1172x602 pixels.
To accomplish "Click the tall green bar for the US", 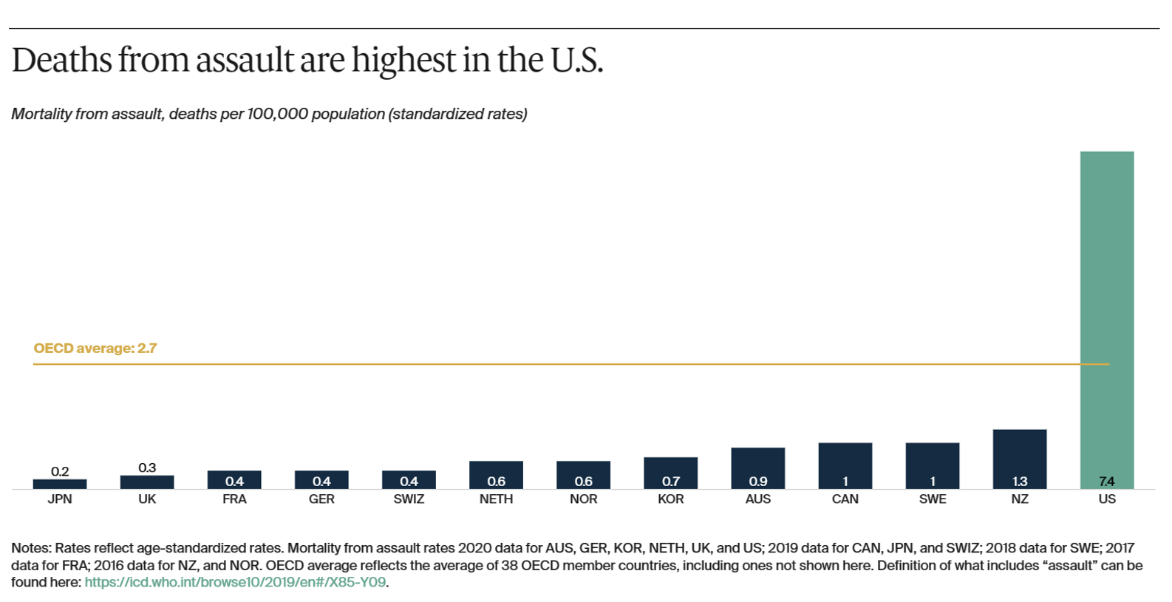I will (x=1106, y=295).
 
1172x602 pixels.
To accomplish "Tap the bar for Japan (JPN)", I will (x=60, y=484).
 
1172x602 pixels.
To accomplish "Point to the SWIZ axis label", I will (x=409, y=499).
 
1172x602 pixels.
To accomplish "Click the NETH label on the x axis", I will (x=496, y=499).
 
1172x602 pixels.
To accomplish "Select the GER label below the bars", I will (x=321, y=499).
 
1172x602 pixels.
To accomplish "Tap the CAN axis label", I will (x=845, y=499).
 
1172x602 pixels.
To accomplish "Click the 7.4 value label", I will (x=1106, y=482).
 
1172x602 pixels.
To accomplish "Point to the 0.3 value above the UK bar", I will (x=147, y=468).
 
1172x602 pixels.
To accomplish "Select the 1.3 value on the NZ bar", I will (x=1019, y=482).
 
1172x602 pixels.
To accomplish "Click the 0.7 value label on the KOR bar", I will (x=670, y=482).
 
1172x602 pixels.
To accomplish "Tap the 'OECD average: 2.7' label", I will (x=95, y=349).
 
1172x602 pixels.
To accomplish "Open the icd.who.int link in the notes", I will (x=235, y=582).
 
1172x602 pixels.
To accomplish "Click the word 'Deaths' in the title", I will (x=61, y=61).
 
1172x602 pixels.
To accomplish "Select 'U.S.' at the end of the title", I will (x=576, y=61).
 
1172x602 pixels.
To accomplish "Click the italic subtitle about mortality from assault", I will (x=269, y=114).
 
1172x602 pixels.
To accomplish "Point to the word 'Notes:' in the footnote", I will (x=31, y=548).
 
